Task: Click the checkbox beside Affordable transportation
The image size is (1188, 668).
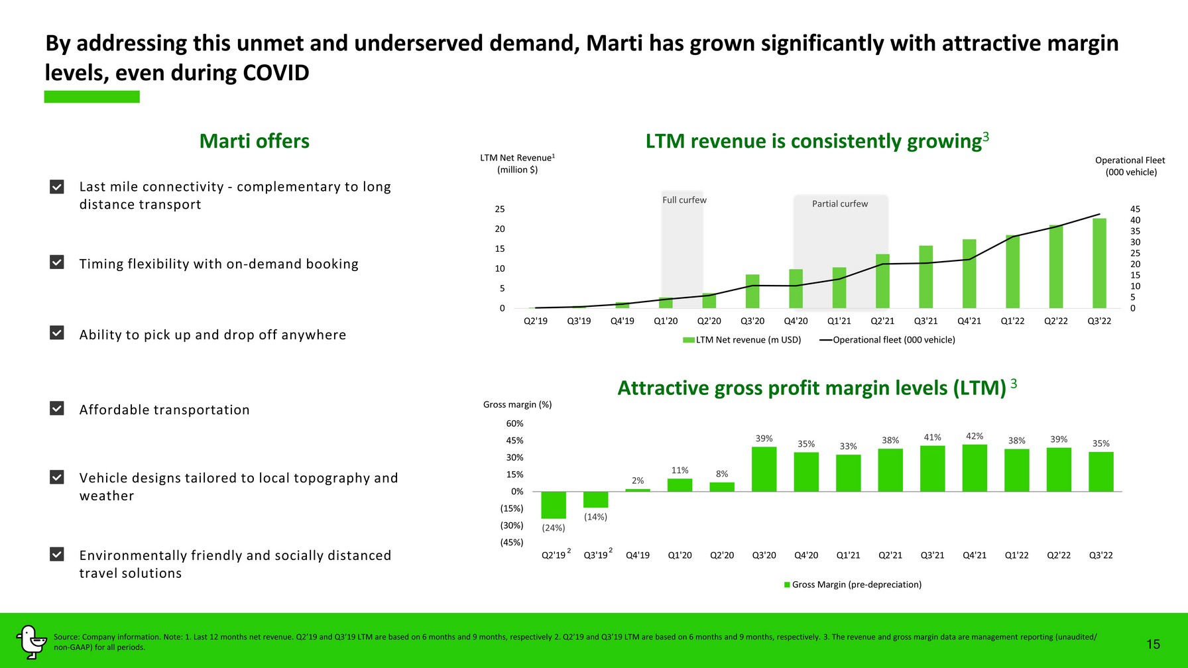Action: (57, 408)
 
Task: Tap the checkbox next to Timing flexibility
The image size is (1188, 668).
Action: (57, 262)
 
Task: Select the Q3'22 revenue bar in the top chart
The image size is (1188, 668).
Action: (1099, 263)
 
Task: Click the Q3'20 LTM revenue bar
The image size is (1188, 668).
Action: (752, 291)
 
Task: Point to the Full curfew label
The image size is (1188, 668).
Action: (684, 200)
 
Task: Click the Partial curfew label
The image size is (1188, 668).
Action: (840, 204)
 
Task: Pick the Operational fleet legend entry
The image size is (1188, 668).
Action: (887, 340)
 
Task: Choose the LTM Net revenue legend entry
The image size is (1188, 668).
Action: (742, 340)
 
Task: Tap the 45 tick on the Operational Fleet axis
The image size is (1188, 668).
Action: (1135, 209)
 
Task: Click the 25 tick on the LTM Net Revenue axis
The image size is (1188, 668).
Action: (500, 209)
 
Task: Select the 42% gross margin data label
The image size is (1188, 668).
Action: (975, 436)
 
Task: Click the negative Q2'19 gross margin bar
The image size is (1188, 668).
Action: (554, 505)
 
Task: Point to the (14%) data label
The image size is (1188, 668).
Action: (595, 517)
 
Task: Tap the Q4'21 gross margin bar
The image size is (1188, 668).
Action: (975, 468)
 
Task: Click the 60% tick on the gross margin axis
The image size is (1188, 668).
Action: (514, 423)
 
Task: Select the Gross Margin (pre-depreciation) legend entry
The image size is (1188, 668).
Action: (853, 584)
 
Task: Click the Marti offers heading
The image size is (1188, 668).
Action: (255, 141)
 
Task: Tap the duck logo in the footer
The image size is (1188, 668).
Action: (30, 642)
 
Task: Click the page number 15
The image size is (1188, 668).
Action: (1153, 644)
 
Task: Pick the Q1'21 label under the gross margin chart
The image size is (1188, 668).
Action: (848, 555)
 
